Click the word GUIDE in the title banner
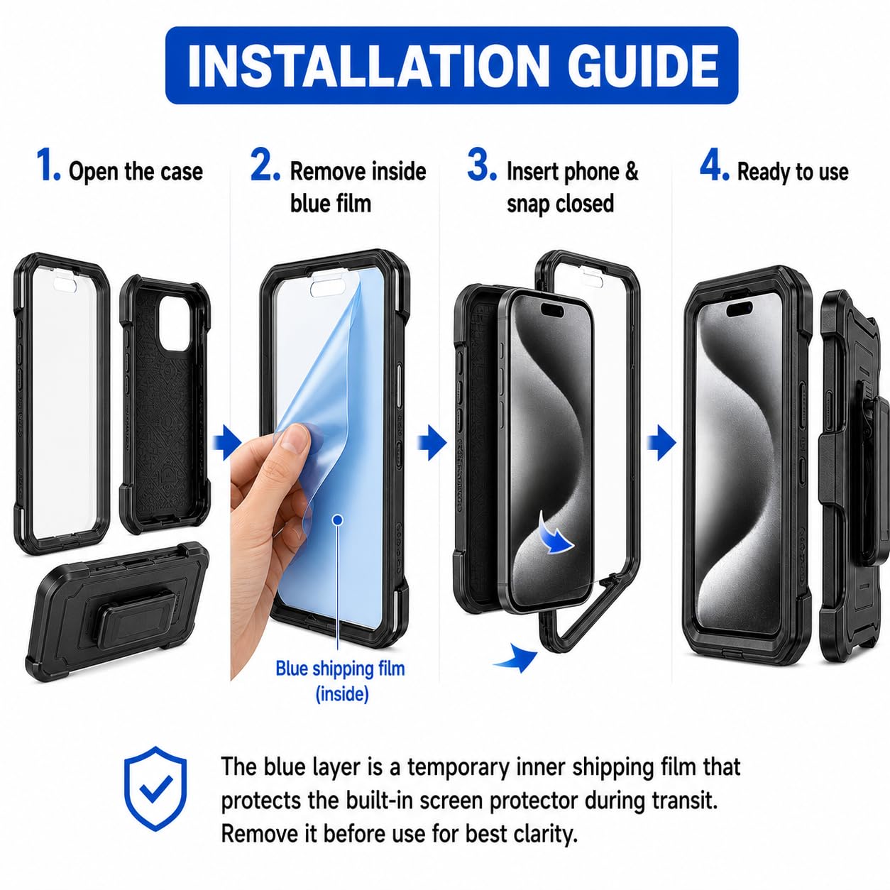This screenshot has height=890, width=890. pos(642,65)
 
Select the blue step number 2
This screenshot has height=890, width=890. pos(265,165)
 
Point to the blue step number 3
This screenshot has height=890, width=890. pos(482,165)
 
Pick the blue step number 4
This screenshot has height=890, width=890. pos(715,165)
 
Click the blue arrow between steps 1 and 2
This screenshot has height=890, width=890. pos(227,443)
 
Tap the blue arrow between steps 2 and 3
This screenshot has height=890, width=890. pos(432,443)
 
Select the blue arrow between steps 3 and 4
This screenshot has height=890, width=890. pos(661,443)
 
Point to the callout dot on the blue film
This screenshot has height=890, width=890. pos(338,520)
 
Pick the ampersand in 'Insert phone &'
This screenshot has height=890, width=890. pos(632,171)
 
